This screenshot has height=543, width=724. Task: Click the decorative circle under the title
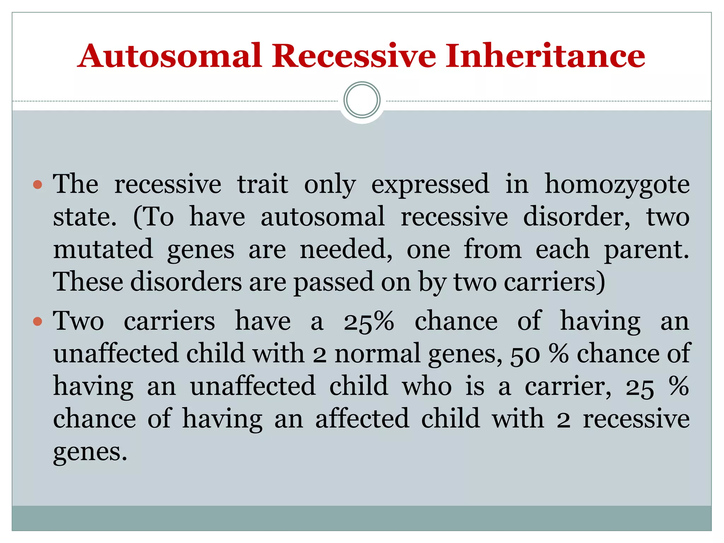(362, 100)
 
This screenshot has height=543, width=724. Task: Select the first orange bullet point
(37, 185)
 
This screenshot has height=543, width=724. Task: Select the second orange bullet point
(37, 321)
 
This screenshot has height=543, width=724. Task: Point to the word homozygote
(617, 185)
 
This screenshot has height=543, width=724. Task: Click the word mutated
(103, 249)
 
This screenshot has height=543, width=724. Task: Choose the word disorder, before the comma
(576, 217)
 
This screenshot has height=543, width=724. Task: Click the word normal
(377, 354)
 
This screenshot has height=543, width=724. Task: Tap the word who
(427, 386)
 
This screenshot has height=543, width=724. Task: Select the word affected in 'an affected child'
(362, 419)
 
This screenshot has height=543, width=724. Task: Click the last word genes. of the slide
(90, 452)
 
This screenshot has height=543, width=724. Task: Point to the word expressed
(430, 185)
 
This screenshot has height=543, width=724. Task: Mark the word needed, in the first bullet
(346, 249)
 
